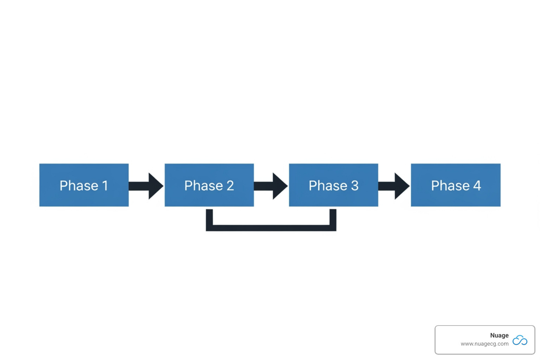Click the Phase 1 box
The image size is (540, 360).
coord(84,185)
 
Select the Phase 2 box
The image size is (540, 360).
coord(209,185)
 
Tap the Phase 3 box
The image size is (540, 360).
coord(333,185)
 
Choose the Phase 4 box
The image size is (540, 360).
coord(456,185)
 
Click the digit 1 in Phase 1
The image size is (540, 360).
coord(105,186)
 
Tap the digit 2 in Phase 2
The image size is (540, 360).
coord(230,186)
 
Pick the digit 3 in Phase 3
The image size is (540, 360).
coord(354,186)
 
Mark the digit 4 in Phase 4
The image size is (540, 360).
coord(477,186)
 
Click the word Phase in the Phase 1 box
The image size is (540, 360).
coord(79,186)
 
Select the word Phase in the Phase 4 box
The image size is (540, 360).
coord(450,186)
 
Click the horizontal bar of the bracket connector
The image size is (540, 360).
coord(271,228)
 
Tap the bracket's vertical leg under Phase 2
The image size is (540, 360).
coord(209,218)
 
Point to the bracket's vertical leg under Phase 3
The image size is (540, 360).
coord(333,218)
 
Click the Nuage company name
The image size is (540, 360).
coord(499,335)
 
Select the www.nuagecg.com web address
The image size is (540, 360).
coord(484,344)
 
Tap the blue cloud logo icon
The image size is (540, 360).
coord(520,340)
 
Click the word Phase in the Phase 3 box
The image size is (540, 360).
coord(328,186)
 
